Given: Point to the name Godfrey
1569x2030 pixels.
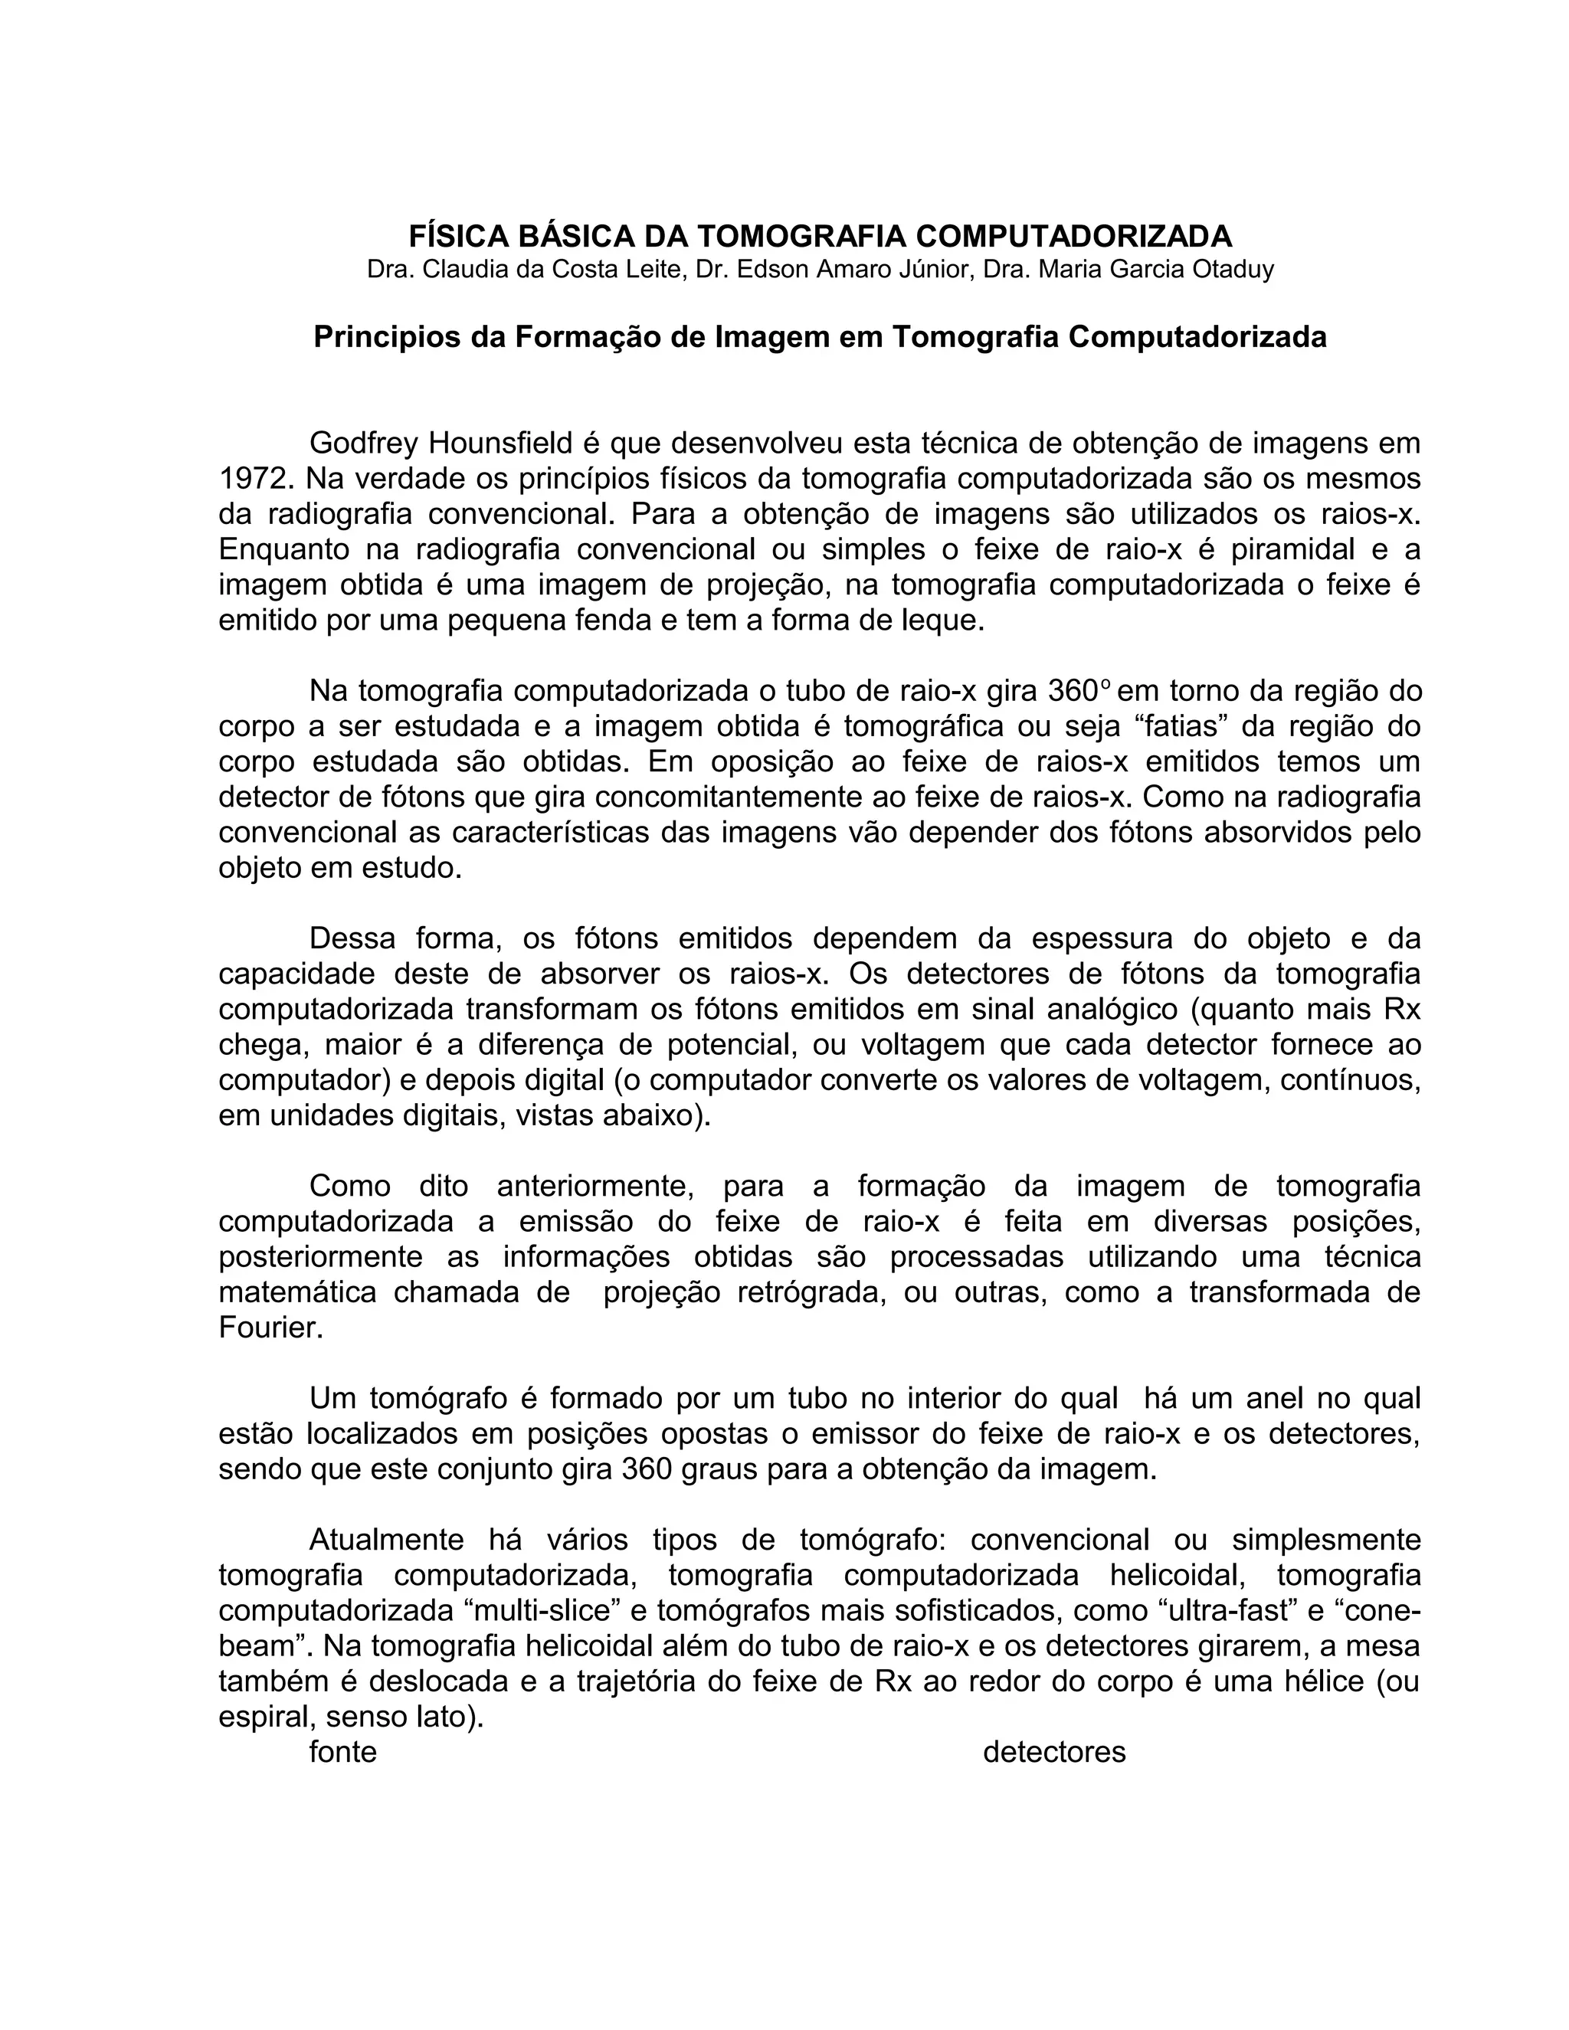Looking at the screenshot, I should click(x=362, y=444).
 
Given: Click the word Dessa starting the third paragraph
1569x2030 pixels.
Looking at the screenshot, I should click(x=352, y=938).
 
